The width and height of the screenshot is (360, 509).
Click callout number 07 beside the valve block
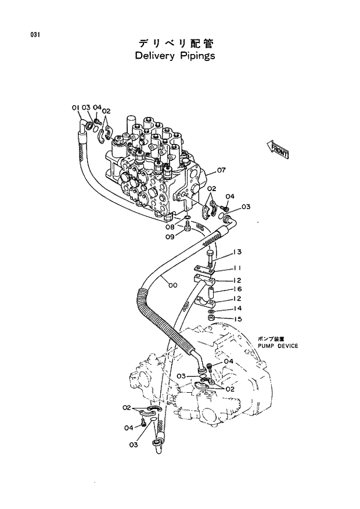pyautogui.click(x=221, y=170)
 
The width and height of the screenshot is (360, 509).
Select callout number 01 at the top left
pyautogui.click(x=75, y=107)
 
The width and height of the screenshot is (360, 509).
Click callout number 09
pyautogui.click(x=170, y=236)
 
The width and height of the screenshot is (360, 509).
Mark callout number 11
pyautogui.click(x=237, y=268)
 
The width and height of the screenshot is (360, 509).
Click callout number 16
pyautogui.click(x=237, y=289)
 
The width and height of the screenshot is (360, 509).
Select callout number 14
pyautogui.click(x=237, y=309)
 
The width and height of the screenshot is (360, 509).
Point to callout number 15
pyautogui.click(x=237, y=319)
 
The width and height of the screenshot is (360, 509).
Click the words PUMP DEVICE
pyautogui.click(x=278, y=346)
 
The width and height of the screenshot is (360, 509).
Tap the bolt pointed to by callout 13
pyautogui.click(x=210, y=259)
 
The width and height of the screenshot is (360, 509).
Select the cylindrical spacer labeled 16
pyautogui.click(x=212, y=289)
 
